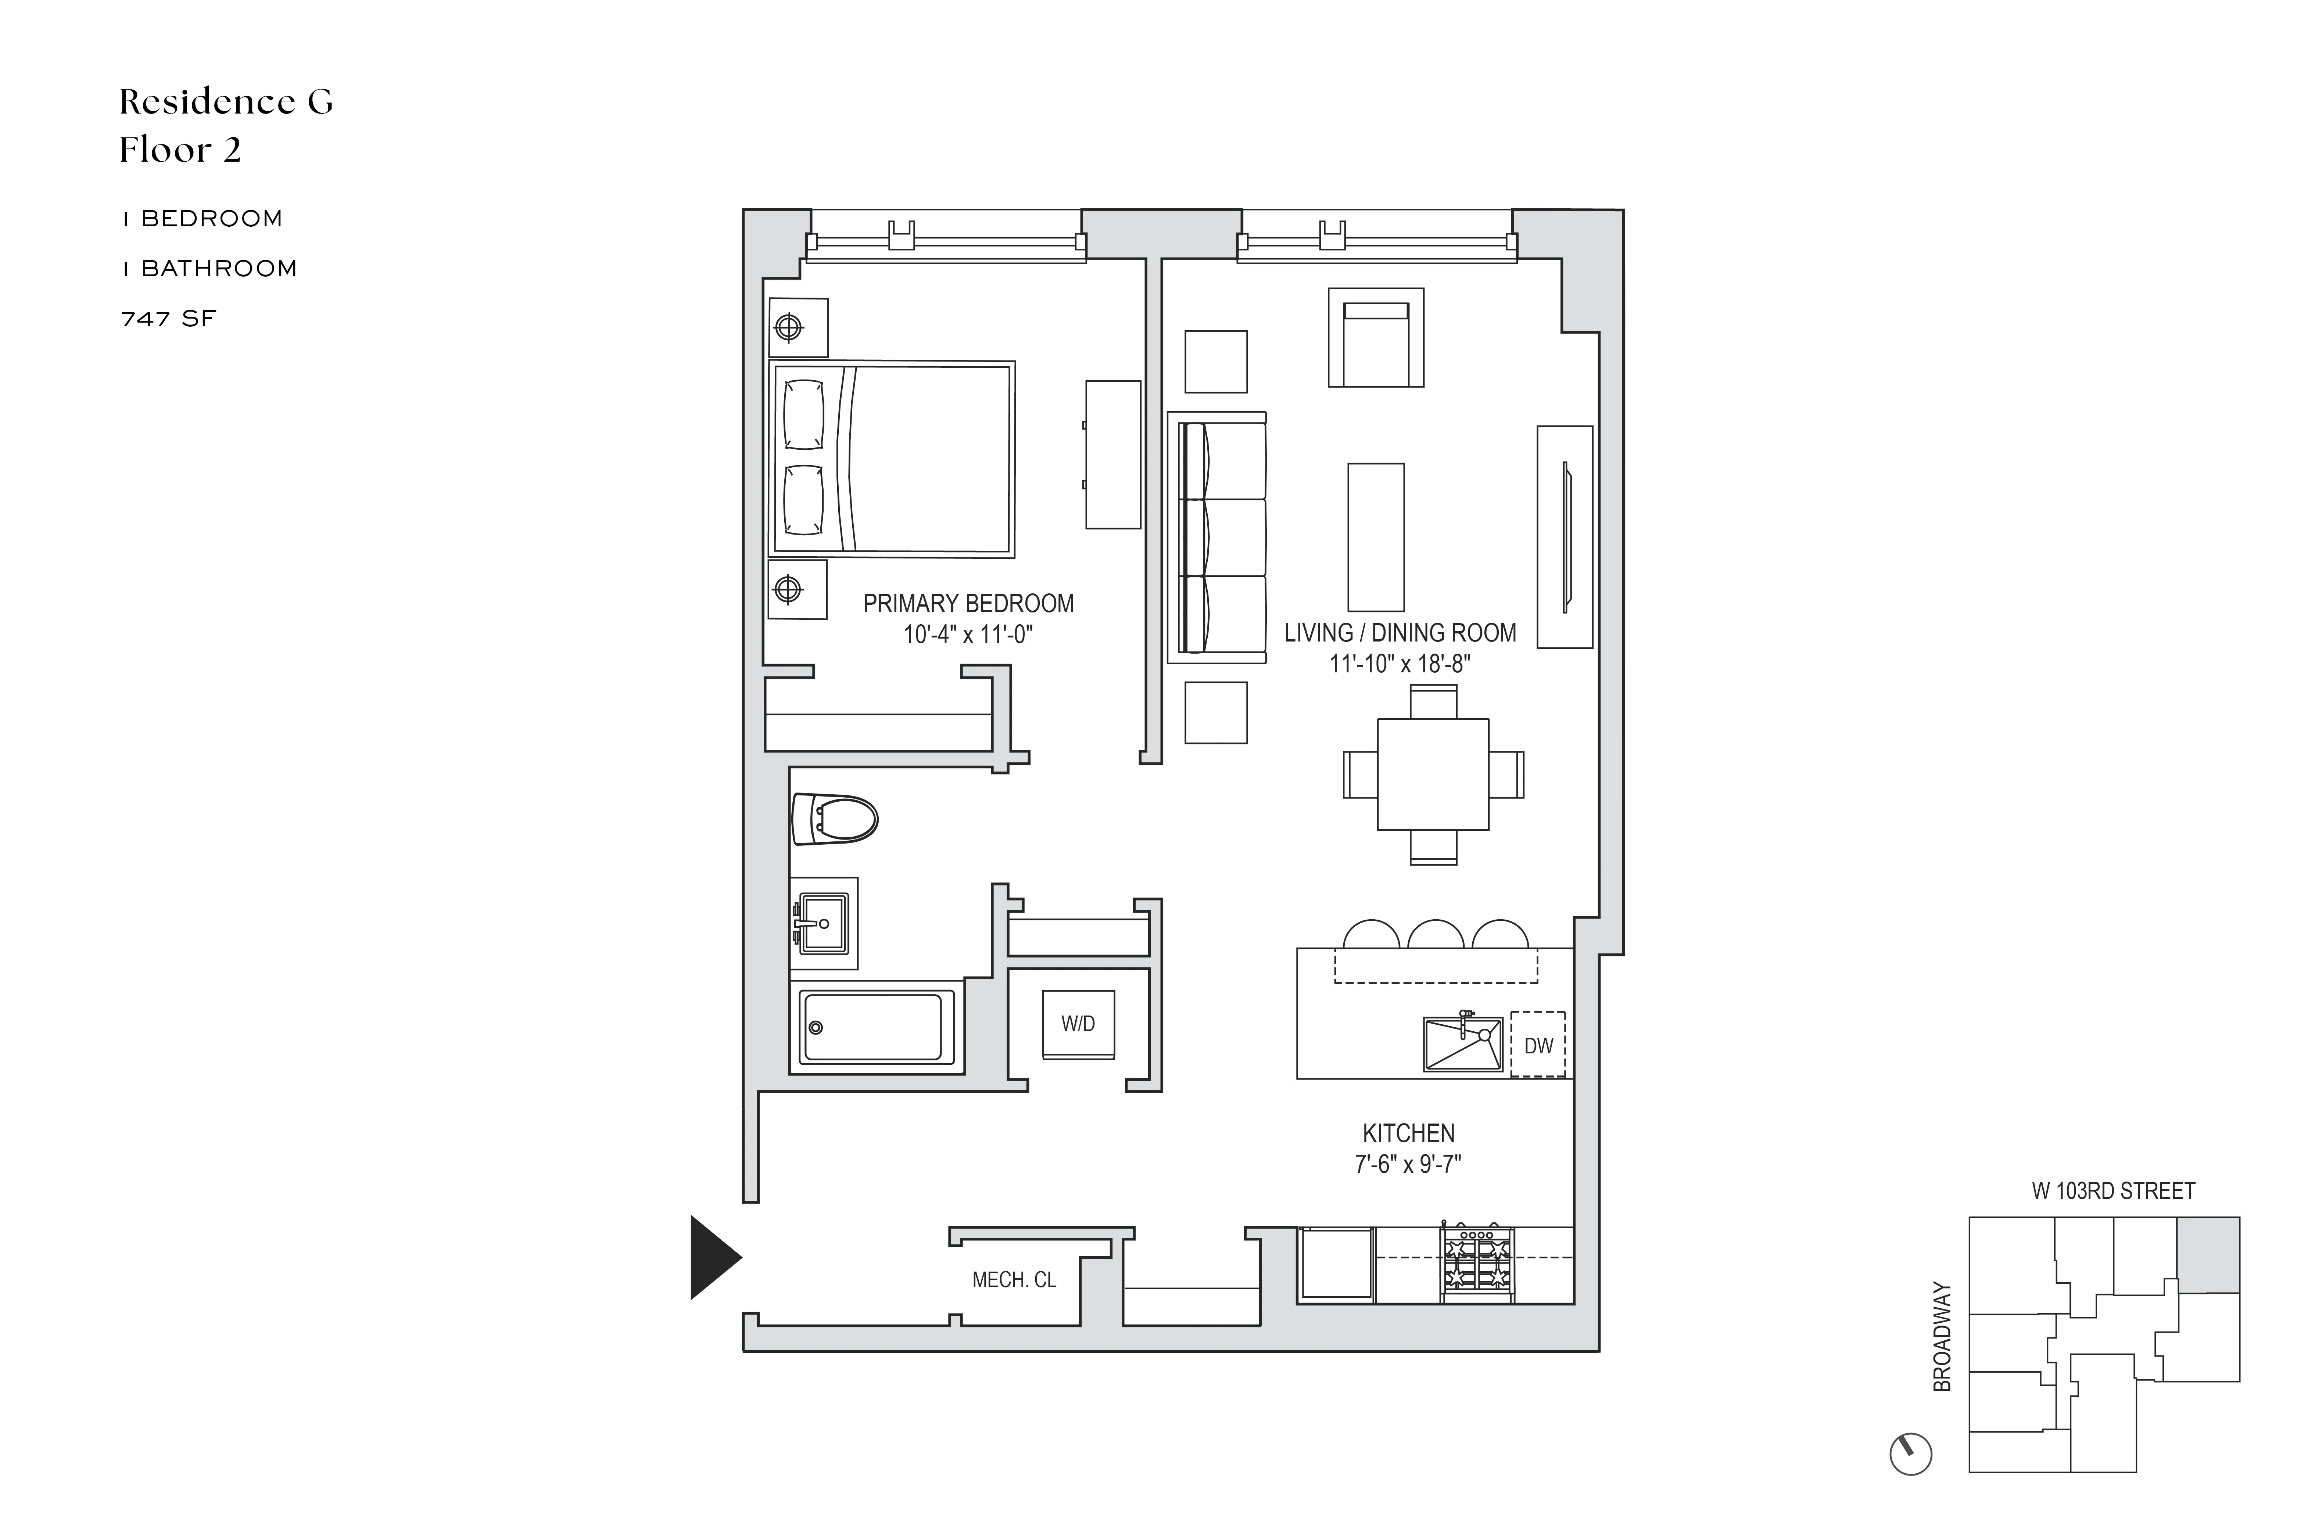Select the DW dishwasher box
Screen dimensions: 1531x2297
coord(1538,1045)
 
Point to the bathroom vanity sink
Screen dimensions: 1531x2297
coord(823,923)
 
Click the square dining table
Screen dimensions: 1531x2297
coord(1433,774)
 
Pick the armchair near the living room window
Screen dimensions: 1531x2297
coord(1375,338)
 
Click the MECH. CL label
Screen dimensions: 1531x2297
coord(1014,1280)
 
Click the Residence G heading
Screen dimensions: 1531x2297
coord(226,101)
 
